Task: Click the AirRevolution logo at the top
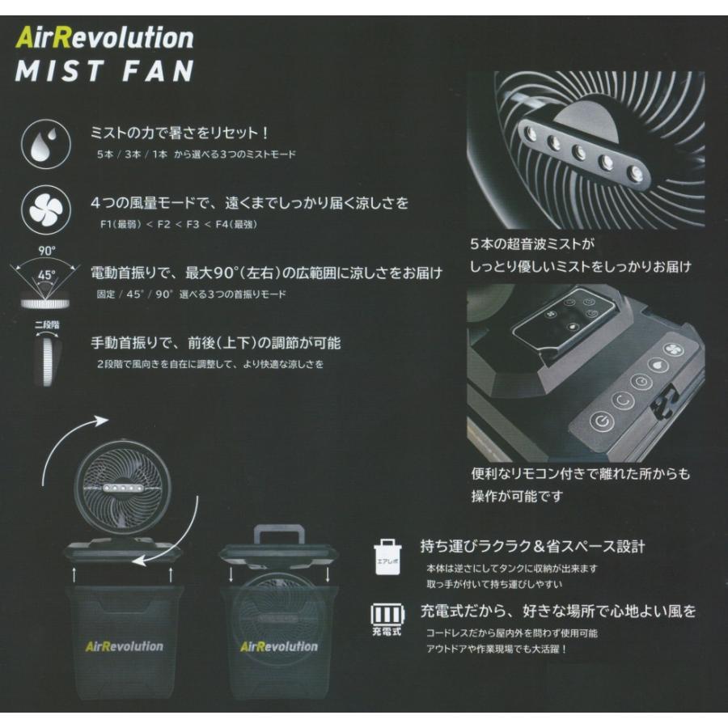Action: point(104,37)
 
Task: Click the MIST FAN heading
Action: point(104,70)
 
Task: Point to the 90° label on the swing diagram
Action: point(46,252)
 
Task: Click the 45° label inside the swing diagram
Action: point(47,275)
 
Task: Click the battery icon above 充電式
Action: point(387,612)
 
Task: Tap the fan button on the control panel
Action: point(671,349)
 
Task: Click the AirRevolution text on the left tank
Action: point(123,646)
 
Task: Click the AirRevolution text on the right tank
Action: point(278,646)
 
